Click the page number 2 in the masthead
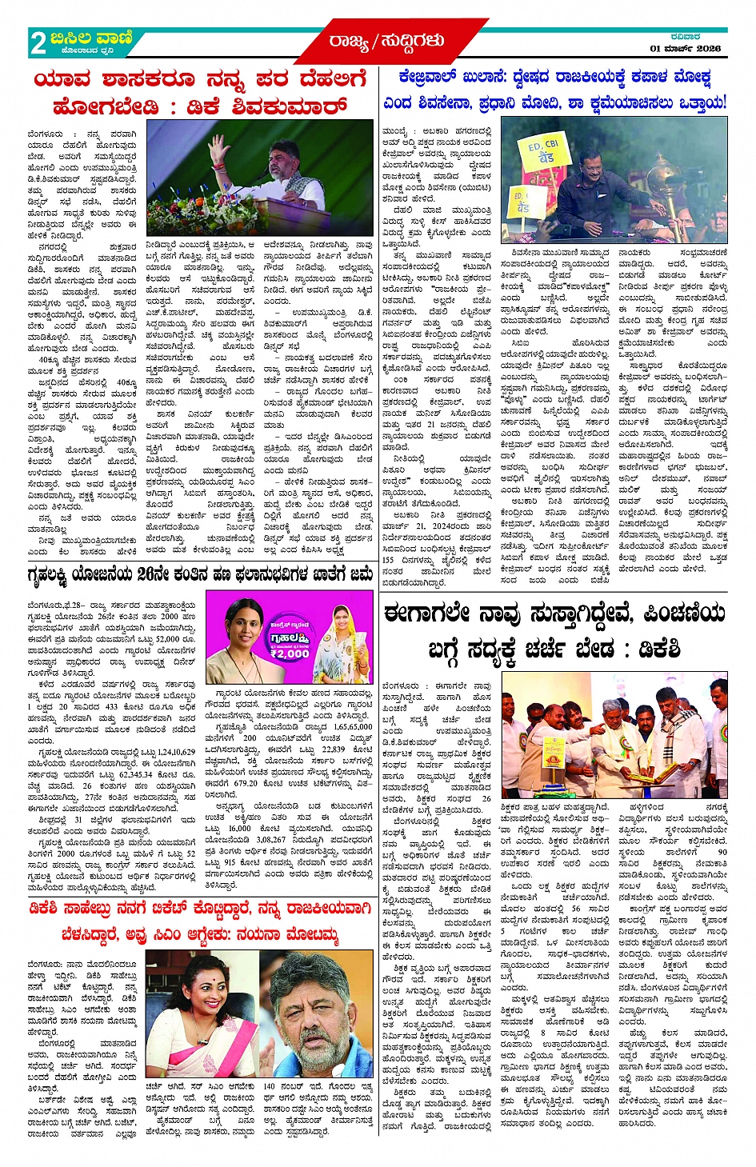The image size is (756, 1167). click(38, 42)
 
